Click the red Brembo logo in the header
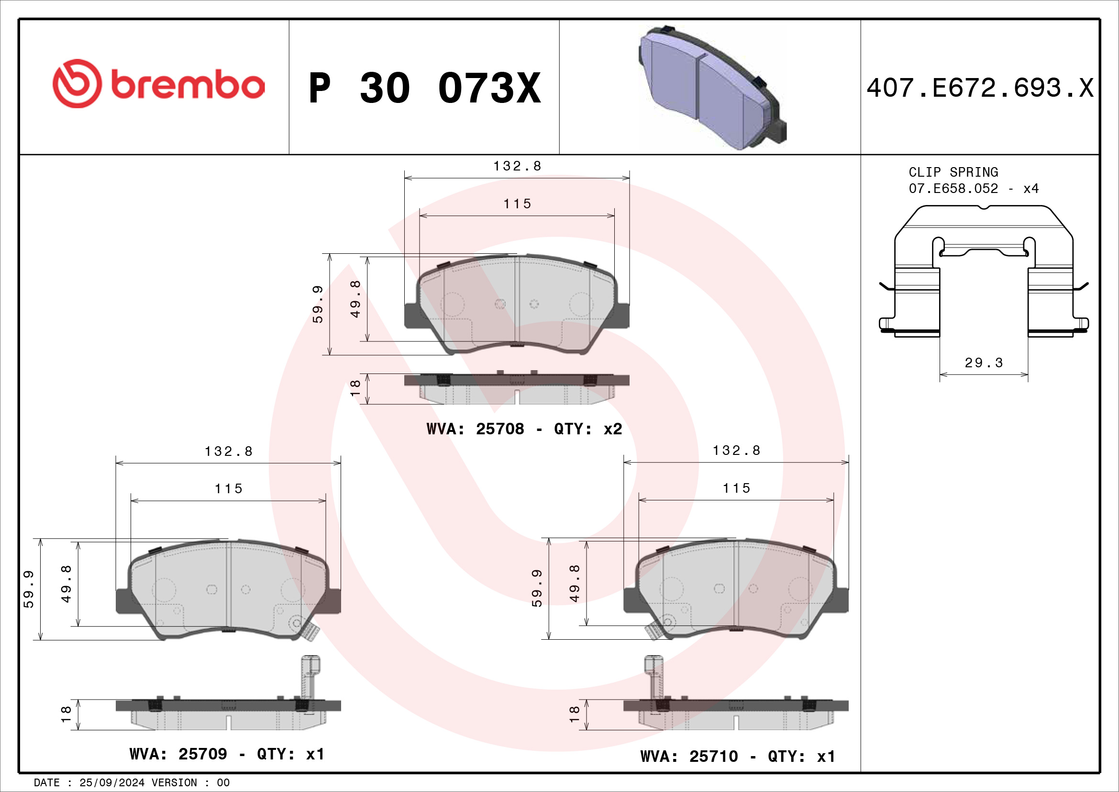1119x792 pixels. [159, 84]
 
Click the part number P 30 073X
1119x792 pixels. [424, 88]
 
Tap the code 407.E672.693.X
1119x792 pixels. [980, 88]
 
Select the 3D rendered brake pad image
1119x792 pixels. [712, 88]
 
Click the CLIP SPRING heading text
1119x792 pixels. [953, 172]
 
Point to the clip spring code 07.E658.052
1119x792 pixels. [953, 188]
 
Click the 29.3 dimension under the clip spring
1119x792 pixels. [984, 362]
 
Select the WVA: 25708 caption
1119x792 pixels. [524, 429]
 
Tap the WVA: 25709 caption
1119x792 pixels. [227, 754]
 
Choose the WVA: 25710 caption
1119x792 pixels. [737, 757]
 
